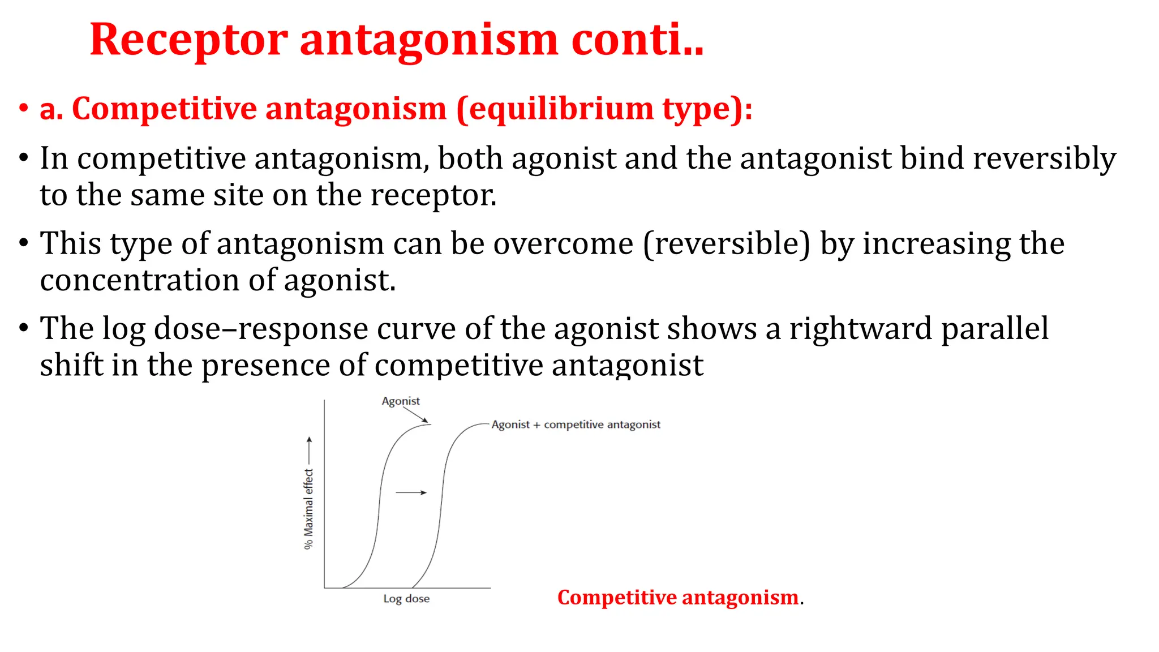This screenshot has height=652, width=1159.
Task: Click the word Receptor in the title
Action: point(188,41)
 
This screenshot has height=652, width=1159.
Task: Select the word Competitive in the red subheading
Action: point(164,109)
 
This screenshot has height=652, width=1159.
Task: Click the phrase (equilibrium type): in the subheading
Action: point(604,109)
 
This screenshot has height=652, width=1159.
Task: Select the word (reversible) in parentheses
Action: point(727,244)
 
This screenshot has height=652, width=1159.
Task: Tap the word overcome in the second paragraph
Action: point(563,244)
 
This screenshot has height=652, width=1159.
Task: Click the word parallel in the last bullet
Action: point(995,329)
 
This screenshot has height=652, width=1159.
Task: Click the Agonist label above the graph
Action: point(401,401)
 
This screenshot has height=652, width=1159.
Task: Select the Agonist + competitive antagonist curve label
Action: point(576,424)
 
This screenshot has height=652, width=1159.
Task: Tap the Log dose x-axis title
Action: point(406,599)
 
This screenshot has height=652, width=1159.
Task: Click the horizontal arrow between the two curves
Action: point(411,492)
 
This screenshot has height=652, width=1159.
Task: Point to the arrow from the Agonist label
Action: point(417,415)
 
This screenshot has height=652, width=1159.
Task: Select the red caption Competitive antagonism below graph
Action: point(677,598)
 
